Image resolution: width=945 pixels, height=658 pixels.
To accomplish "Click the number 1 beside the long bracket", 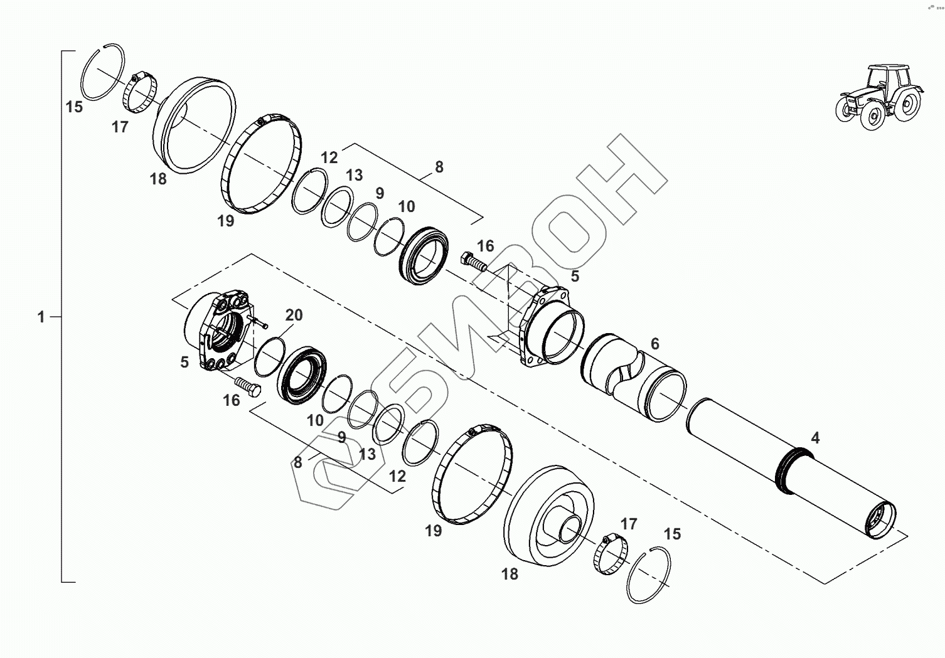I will click(x=41, y=317).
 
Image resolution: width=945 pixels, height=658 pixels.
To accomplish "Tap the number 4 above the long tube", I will click(x=815, y=438).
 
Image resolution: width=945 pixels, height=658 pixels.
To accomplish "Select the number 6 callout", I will click(x=654, y=344).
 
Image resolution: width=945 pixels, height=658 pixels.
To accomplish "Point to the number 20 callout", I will click(x=294, y=315).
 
